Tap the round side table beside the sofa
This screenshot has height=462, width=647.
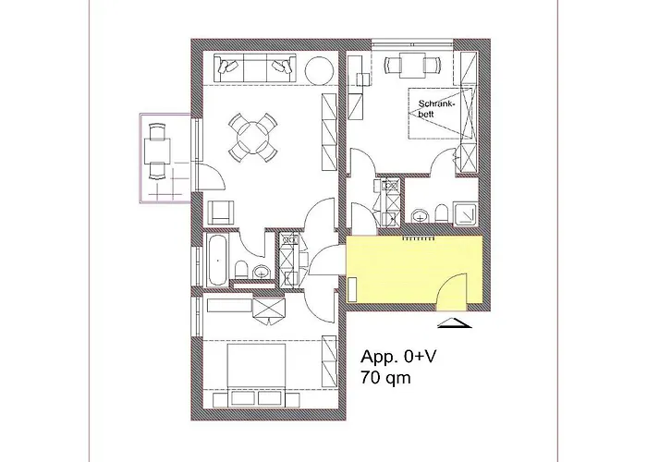320,69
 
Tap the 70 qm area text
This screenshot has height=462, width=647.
386,377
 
